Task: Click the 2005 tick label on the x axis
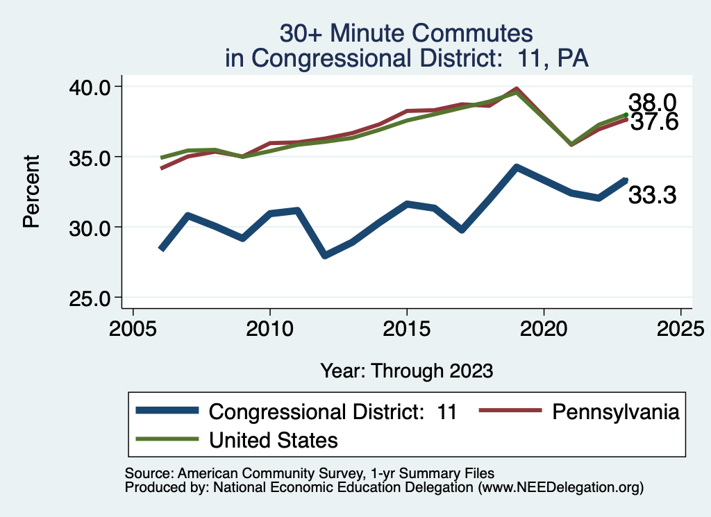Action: pos(133,327)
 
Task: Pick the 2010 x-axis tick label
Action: pos(270,327)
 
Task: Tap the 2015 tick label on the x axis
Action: pos(407,327)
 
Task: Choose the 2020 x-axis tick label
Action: pos(544,327)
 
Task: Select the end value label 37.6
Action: pos(653,122)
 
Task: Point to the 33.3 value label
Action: pos(653,196)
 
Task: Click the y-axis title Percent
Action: pos(31,192)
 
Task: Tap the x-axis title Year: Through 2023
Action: pos(407,371)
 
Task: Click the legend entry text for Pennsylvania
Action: pos(615,412)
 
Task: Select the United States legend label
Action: pos(274,439)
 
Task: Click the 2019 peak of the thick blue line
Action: pos(516,167)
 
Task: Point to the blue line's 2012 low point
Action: pos(325,255)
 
